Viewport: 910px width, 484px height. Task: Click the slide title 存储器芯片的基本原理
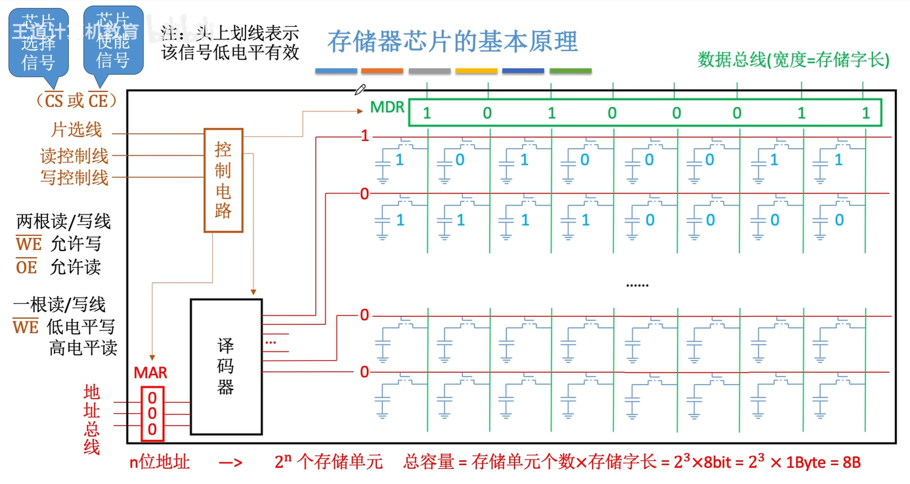point(452,41)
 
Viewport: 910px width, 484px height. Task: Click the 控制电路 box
point(223,180)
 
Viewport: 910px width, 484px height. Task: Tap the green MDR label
point(387,107)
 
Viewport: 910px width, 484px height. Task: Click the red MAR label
point(150,373)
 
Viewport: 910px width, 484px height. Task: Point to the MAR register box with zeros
point(152,413)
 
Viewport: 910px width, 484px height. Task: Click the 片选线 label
point(77,130)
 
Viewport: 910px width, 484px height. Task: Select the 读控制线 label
point(74,156)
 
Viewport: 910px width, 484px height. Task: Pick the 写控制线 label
point(74,177)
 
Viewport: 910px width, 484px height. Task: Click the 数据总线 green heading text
point(793,60)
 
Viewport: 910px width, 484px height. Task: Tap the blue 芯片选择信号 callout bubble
point(38,43)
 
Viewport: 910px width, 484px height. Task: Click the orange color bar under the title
point(382,71)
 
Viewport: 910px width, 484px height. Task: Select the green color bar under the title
point(570,71)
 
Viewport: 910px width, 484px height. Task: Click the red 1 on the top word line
point(364,137)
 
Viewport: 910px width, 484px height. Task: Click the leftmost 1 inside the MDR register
point(427,113)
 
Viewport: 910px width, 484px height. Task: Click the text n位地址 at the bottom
point(160,462)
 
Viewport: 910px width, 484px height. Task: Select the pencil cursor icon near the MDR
point(360,89)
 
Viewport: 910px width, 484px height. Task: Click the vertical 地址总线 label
point(92,420)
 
